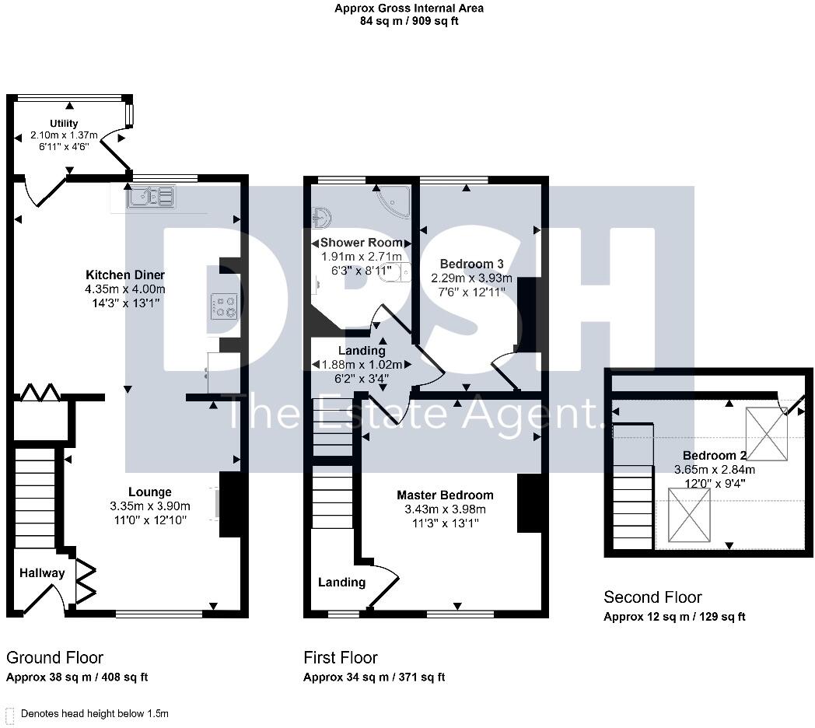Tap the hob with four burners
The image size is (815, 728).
226,306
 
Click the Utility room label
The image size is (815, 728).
64,124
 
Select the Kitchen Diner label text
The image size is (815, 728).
125,275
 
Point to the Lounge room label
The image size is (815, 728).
150,492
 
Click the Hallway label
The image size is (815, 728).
42,573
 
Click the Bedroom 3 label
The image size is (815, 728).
467,264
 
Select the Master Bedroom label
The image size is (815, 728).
445,495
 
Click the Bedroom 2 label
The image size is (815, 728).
715,456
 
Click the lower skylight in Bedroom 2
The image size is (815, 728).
688,514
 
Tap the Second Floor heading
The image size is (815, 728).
652,597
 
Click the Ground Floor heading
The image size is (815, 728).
54,658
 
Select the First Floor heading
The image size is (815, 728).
341,658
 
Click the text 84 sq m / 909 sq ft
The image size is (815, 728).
408,21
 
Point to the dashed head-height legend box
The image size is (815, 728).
10,714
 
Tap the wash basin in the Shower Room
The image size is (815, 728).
322,217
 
